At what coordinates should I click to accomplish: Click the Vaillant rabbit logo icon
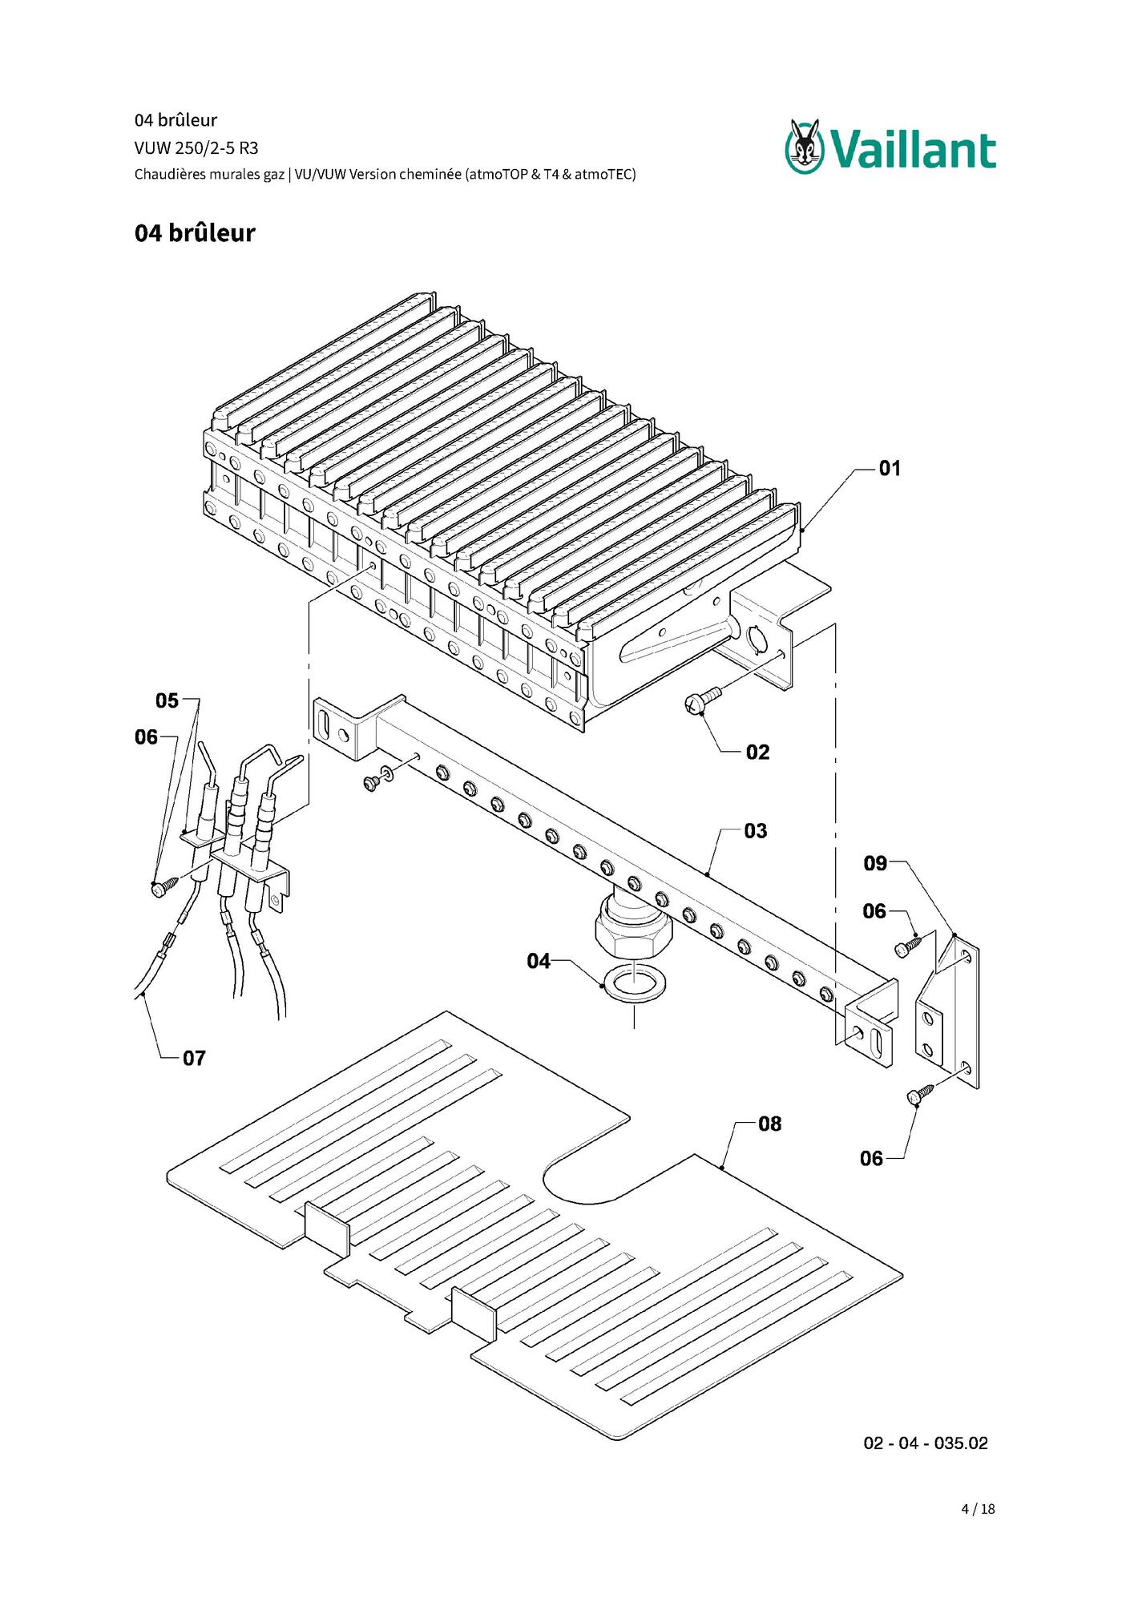pyautogui.click(x=805, y=147)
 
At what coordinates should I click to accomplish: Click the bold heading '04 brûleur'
pyautogui.click(x=195, y=233)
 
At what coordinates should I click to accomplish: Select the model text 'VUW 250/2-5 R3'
pyautogui.click(x=196, y=148)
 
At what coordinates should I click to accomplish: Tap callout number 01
pyautogui.click(x=890, y=468)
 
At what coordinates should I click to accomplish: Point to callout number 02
pyautogui.click(x=757, y=752)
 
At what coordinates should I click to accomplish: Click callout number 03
pyautogui.click(x=755, y=831)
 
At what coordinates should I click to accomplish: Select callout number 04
pyautogui.click(x=539, y=961)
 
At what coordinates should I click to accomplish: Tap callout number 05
pyautogui.click(x=167, y=700)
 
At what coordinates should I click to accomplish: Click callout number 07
pyautogui.click(x=194, y=1059)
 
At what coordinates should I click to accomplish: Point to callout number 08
pyautogui.click(x=769, y=1124)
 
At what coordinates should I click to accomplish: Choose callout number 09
pyautogui.click(x=875, y=863)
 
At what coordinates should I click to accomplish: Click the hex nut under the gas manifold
pyautogui.click(x=633, y=930)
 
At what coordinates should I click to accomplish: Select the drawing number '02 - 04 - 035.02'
pyautogui.click(x=926, y=1443)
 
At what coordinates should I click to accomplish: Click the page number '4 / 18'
pyautogui.click(x=978, y=1509)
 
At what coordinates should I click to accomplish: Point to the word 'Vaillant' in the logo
pyautogui.click(x=913, y=150)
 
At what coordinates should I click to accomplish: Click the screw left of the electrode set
pyautogui.click(x=164, y=886)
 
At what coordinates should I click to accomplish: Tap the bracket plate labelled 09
pyautogui.click(x=947, y=1011)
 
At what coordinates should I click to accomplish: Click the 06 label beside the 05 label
pyautogui.click(x=146, y=736)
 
